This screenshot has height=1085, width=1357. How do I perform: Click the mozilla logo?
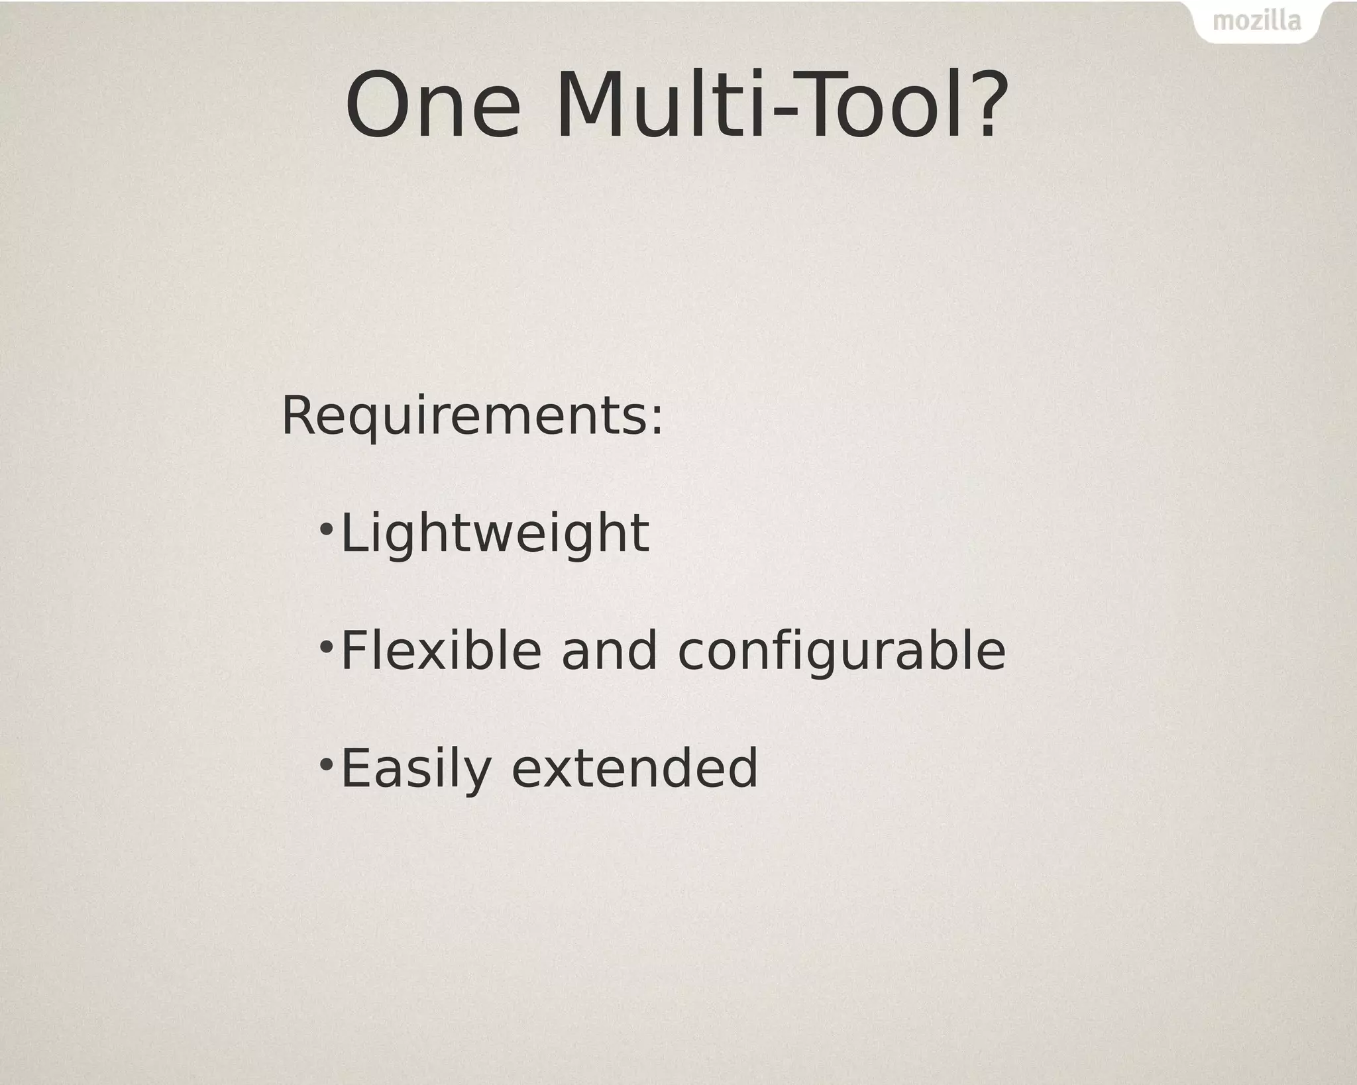(1256, 21)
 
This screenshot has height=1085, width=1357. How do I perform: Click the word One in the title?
(433, 106)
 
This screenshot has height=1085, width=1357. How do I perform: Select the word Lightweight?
(494, 534)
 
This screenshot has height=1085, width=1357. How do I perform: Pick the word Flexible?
(441, 650)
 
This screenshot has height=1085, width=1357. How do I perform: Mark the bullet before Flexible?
(326, 646)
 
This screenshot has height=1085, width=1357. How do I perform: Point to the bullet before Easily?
(326, 763)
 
